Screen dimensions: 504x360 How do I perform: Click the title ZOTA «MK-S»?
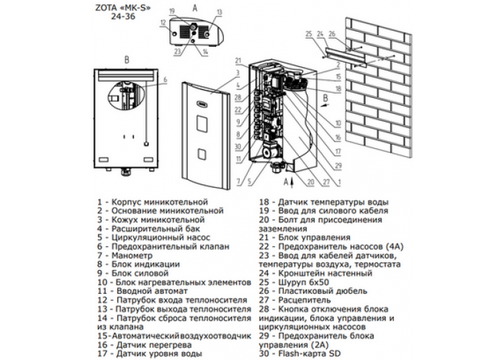coord(122,8)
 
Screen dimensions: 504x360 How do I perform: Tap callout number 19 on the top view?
coord(172,12)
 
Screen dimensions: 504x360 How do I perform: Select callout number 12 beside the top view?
coord(163,22)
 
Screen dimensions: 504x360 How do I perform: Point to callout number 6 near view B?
coord(165,79)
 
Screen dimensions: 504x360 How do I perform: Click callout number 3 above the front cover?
coord(238,73)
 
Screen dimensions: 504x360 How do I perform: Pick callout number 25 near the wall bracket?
coord(309,34)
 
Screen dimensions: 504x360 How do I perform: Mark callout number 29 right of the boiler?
coord(338,166)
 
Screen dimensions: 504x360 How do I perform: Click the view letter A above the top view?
coord(195,8)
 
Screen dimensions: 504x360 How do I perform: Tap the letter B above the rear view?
coord(127,60)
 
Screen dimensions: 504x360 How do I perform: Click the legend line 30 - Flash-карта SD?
coord(300,354)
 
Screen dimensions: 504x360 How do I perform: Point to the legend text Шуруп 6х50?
coord(303,282)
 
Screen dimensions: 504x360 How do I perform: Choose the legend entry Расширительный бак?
coord(156,229)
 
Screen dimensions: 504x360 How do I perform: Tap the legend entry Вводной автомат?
coord(152,291)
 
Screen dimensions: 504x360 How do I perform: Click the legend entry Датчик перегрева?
coord(154,345)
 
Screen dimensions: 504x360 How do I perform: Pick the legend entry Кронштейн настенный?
coord(325,274)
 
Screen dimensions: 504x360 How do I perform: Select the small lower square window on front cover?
coord(202,154)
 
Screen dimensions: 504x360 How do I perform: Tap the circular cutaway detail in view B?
coord(125,95)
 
